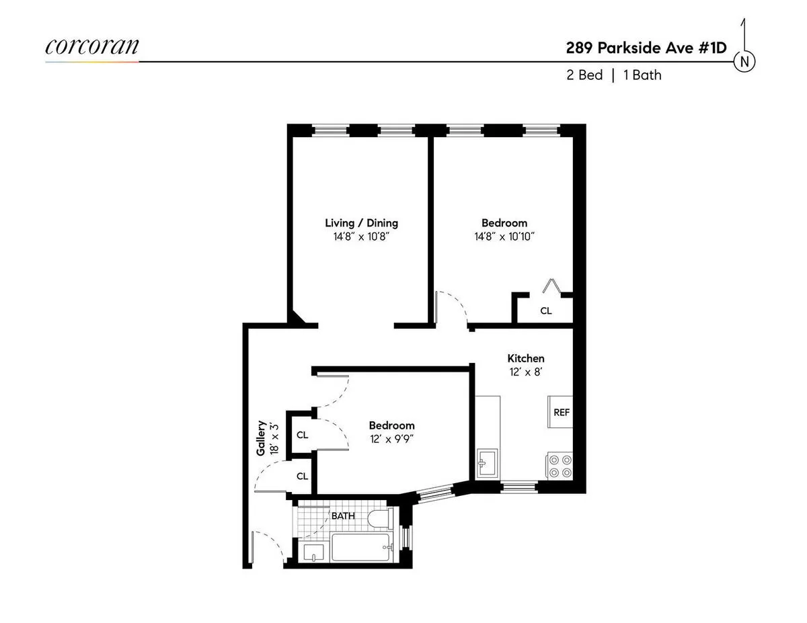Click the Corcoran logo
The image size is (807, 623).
point(92,46)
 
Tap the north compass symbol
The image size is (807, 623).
point(744,61)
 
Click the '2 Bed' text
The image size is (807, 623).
point(584,75)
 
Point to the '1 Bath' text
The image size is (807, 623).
point(642,75)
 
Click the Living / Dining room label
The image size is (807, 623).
point(361,223)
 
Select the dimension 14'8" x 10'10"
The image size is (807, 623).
point(504,236)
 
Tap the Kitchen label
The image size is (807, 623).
point(525,358)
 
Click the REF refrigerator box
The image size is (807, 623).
point(561,412)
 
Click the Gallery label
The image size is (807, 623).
point(261,438)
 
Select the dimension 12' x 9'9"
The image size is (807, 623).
point(391,438)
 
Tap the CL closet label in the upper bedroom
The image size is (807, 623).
point(546,310)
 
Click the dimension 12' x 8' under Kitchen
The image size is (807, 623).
point(525,372)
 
